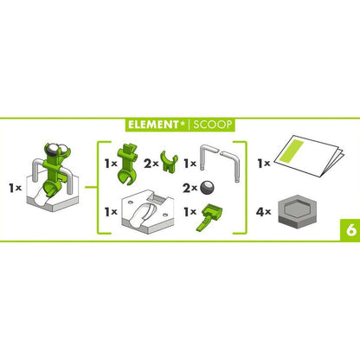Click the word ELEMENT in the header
[x=153, y=125]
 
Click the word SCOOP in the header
[x=213, y=125]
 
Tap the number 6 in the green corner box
[x=351, y=230]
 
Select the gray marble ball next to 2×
[x=208, y=188]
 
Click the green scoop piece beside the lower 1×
[x=209, y=217]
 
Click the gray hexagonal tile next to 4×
[x=297, y=213]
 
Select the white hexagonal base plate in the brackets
[x=148, y=211]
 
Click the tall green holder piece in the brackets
[x=127, y=164]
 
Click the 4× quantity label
[x=263, y=212]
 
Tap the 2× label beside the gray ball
[x=190, y=189]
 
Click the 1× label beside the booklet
[x=264, y=164]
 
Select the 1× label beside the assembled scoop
[x=16, y=188]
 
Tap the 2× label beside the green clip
[x=151, y=164]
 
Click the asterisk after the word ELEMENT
[x=183, y=123]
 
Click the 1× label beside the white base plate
[x=111, y=212]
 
